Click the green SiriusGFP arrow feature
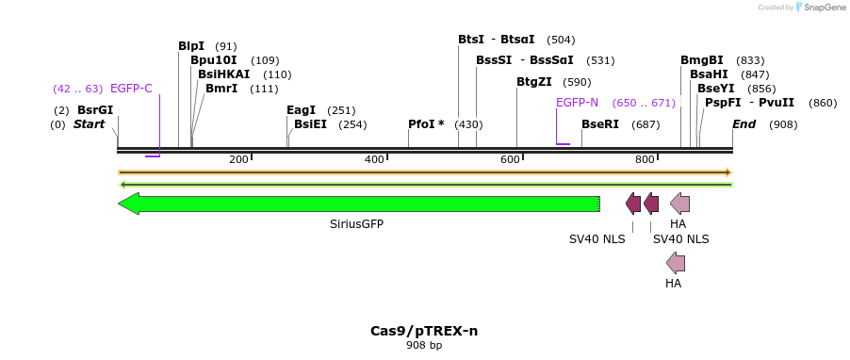point(358,204)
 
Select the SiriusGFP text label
point(356,224)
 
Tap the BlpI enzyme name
point(190,46)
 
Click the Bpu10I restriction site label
point(213,60)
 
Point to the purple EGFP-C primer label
point(131,89)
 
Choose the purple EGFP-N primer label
point(577,103)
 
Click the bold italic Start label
point(90,124)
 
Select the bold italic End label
point(744,124)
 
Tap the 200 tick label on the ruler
point(237,159)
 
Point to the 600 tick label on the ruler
point(510,159)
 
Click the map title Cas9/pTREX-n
point(424,331)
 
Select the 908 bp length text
point(424,346)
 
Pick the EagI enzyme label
point(301,110)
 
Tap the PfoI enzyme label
point(426,124)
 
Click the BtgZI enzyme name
point(533,82)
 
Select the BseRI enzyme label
point(600,124)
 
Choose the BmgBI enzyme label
point(702,60)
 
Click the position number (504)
point(561,40)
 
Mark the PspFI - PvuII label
point(749,103)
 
